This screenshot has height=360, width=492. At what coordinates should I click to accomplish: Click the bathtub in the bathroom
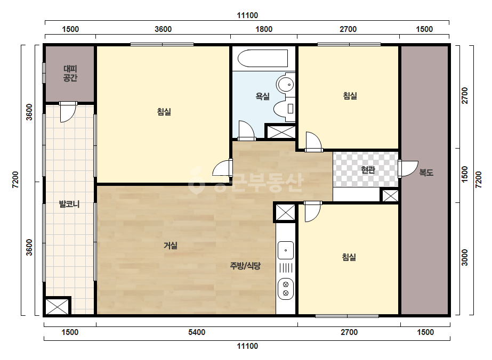point(263,59)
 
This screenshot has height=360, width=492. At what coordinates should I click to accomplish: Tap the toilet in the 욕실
point(284,109)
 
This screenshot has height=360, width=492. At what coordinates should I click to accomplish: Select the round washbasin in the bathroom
point(285,84)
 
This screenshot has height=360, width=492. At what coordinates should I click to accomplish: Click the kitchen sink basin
point(286,250)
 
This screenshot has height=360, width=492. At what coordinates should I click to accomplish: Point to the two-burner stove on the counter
point(286,289)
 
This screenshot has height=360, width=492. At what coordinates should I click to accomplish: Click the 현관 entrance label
point(368,170)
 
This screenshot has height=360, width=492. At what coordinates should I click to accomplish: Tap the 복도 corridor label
point(426,172)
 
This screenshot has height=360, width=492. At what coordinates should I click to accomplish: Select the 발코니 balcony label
point(69,204)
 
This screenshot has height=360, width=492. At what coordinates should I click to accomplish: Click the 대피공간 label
point(70,73)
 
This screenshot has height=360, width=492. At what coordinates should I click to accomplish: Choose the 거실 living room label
point(171,246)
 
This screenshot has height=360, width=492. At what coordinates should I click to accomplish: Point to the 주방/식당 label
point(245,266)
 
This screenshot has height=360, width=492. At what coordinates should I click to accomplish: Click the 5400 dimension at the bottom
point(197,332)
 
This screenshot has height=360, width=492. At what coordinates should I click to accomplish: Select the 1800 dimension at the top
point(264,29)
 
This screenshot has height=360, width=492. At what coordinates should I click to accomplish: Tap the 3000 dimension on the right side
point(465,257)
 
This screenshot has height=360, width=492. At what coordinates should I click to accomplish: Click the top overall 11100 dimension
point(247,15)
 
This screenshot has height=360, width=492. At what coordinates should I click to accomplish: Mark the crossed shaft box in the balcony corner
point(57,306)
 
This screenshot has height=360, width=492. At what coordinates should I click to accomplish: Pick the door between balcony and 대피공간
point(68,112)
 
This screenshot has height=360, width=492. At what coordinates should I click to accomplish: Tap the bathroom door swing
point(246,130)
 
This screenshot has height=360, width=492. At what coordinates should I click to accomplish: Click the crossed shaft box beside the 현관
point(390,196)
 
